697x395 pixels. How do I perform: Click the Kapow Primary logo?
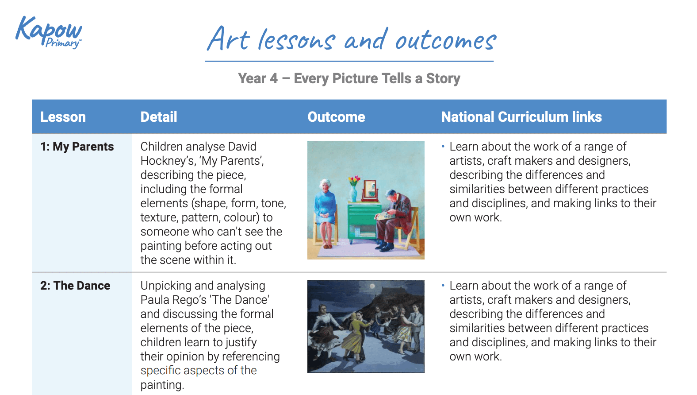point(49,32)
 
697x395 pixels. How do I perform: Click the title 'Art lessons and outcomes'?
point(352,39)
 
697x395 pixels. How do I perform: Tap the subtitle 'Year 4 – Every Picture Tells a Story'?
point(349,78)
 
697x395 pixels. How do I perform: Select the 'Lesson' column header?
point(63,117)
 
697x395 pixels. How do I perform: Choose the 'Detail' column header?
point(158,117)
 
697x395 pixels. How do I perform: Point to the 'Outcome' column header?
point(336,117)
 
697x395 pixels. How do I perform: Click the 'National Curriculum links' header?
point(521,117)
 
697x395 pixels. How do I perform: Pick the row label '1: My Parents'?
point(77,147)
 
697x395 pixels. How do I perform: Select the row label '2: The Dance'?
point(75,286)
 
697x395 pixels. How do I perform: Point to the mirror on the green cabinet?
point(370,190)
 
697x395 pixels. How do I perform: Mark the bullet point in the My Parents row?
point(443,146)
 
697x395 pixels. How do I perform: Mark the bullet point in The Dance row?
point(443,285)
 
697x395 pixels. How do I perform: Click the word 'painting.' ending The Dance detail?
point(161,385)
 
